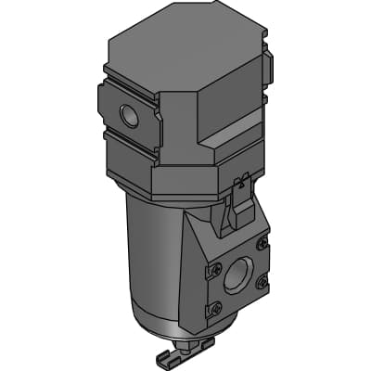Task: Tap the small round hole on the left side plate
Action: (x=127, y=117)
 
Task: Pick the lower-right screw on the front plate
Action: (x=262, y=281)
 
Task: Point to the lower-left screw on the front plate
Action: (x=216, y=307)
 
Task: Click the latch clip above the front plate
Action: (x=239, y=199)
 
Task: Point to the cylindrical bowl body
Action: (x=153, y=269)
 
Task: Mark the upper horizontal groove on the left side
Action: (x=130, y=77)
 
